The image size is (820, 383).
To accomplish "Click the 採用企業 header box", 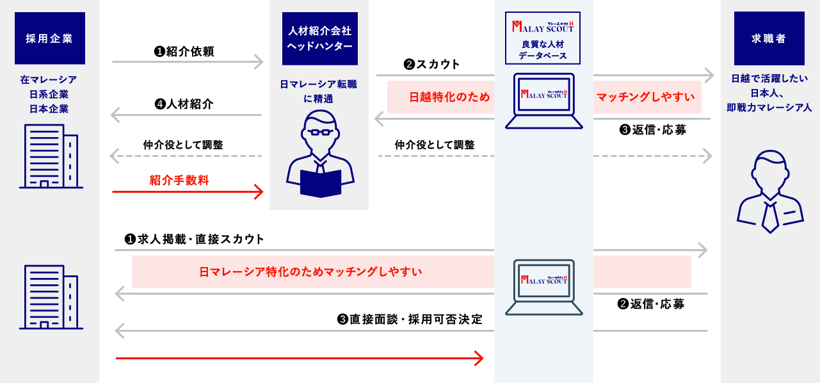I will coord(49,38).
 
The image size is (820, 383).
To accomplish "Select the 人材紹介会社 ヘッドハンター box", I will coord(319,38).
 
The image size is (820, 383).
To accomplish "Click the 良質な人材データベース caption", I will coord(542,50).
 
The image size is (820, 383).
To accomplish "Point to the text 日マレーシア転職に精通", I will coord(318,91).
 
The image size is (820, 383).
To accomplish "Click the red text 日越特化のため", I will coord(449,97).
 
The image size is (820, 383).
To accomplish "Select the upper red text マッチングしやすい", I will coord(645,97).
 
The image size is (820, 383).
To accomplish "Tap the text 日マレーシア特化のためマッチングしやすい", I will coord(310,272).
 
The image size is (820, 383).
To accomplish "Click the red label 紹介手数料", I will coord(179,179).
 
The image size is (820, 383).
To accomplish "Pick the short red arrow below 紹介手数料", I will coord(188,191).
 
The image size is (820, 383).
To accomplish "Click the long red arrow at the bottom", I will coord(300,359).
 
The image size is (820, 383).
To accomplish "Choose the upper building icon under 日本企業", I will coord(51,156).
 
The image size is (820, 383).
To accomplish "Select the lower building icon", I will coord(51,297).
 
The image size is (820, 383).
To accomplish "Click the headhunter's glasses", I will coord(321,132).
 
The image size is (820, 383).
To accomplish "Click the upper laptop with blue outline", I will coord(543,101).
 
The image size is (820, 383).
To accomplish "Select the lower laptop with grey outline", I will coord(543,286).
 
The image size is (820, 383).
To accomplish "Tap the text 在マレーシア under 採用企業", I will coord(49,80).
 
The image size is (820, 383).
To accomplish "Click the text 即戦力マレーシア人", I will coord(769,108).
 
